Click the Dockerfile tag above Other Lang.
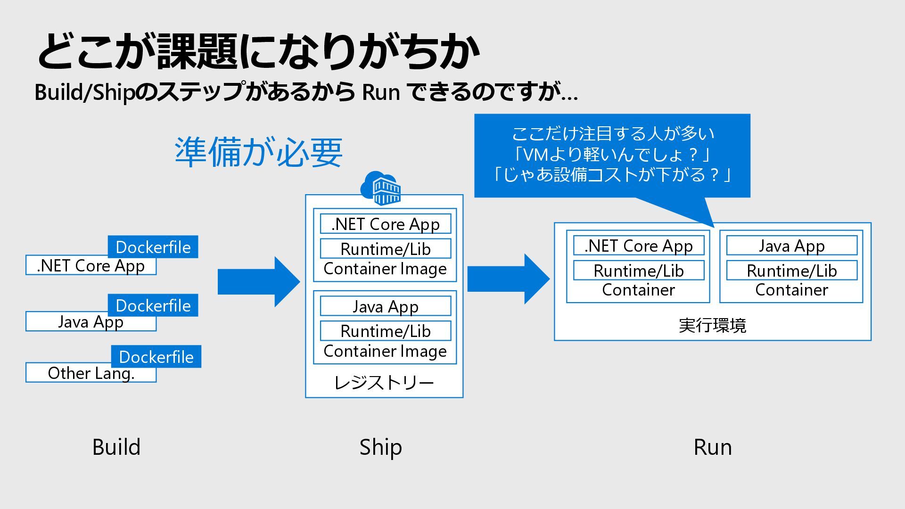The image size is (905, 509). click(156, 356)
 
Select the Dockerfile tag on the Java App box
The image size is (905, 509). click(153, 305)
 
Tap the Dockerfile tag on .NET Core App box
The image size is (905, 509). click(153, 246)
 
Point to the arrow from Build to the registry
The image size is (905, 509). click(259, 282)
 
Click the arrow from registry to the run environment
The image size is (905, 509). click(509, 279)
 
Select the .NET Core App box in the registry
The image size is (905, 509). click(386, 224)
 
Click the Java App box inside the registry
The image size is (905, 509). click(386, 306)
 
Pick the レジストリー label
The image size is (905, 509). click(384, 382)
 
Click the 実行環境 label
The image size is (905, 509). click(712, 326)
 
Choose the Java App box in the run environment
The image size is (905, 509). click(791, 246)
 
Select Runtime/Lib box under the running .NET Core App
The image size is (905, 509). click(639, 271)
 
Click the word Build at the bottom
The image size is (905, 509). click(116, 447)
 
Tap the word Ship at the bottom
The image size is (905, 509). click(381, 447)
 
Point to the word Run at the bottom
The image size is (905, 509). click(713, 447)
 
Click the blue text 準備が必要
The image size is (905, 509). click(258, 152)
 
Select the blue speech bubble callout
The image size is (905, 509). click(612, 156)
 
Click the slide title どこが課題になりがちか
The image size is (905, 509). click(258, 51)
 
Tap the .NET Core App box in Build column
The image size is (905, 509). click(91, 265)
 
